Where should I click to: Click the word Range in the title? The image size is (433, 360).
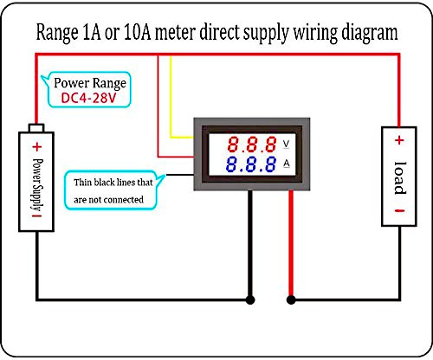click(57, 33)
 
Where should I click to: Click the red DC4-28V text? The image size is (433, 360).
click(88, 98)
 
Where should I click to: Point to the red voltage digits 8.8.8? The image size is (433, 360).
click(252, 145)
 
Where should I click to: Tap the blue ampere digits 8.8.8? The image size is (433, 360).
click(250, 164)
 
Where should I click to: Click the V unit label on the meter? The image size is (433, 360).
click(286, 144)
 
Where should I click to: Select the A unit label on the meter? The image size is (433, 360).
click(286, 164)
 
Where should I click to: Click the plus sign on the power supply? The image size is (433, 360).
click(37, 147)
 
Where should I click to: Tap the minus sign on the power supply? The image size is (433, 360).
click(37, 215)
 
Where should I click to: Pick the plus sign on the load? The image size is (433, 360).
click(399, 140)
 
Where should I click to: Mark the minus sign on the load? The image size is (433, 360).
click(399, 211)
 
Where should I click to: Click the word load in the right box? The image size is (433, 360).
click(400, 177)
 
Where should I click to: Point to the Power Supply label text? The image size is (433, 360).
click(37, 184)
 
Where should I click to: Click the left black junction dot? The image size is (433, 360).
click(250, 300)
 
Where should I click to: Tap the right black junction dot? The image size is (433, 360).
click(291, 300)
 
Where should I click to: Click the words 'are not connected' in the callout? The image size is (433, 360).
click(108, 200)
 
